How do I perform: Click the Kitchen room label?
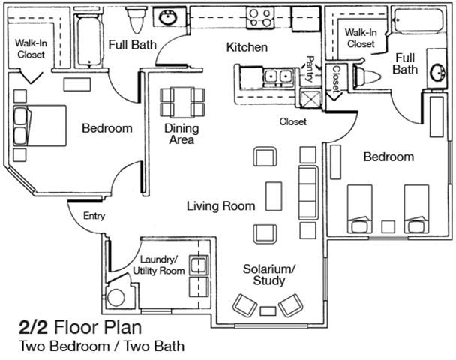click(247, 47)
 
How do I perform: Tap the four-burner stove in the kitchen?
click(262, 16)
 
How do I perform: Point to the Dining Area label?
click(181, 133)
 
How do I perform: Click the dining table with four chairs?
click(182, 102)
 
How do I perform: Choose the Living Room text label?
click(220, 205)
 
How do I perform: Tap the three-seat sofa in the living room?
click(307, 192)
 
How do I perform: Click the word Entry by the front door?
click(94, 217)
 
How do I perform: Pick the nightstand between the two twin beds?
click(388, 226)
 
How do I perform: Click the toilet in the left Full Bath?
click(136, 17)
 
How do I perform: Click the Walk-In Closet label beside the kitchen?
click(360, 38)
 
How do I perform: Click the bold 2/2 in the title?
click(32, 328)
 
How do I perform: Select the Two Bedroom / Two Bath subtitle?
click(101, 346)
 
